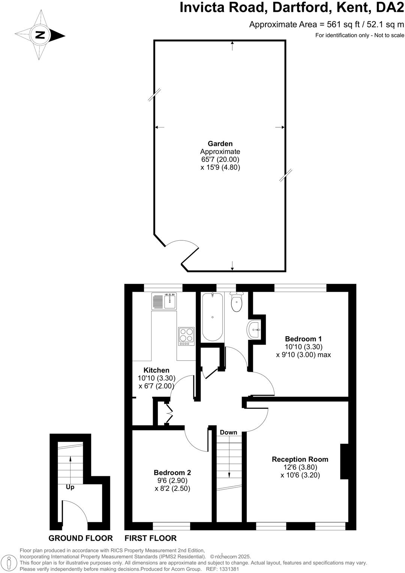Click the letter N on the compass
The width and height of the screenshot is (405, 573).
click(x=40, y=35)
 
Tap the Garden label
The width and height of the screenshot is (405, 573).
click(x=220, y=144)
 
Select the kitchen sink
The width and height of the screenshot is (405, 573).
click(x=164, y=301)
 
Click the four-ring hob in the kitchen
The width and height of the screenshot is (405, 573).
click(x=186, y=336)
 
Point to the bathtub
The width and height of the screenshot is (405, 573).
click(x=212, y=317)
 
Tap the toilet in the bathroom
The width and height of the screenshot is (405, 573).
click(x=237, y=303)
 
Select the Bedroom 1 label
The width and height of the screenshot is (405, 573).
click(x=303, y=339)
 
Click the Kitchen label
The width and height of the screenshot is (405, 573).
click(x=156, y=370)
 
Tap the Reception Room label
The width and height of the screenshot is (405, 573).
click(x=300, y=459)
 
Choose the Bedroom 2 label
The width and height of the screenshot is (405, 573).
click(x=172, y=472)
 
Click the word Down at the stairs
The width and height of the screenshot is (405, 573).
click(x=228, y=432)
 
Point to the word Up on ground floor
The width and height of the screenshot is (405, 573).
click(x=70, y=487)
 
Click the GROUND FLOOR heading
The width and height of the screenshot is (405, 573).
click(x=81, y=538)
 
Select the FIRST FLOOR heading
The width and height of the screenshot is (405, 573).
click(x=150, y=538)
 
